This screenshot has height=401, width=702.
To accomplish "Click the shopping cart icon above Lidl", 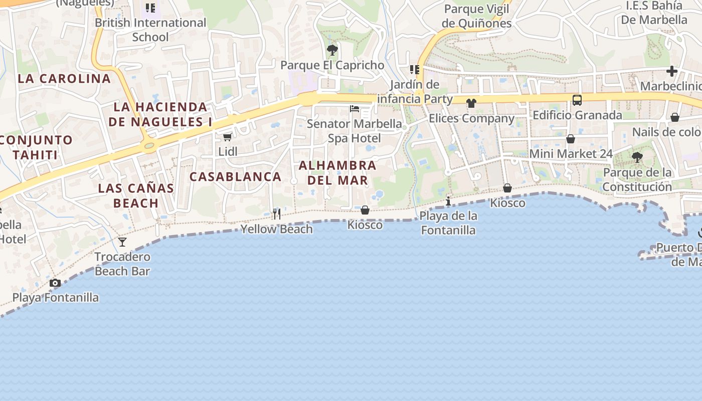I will (227, 137).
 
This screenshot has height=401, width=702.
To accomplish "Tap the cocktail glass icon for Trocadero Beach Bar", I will (122, 243).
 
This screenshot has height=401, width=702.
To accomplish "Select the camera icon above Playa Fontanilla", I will (55, 283).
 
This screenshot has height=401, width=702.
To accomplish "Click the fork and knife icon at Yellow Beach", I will (276, 215).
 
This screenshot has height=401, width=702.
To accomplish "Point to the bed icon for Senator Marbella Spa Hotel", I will (355, 109).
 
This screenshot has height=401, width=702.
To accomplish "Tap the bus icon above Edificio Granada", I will (577, 100).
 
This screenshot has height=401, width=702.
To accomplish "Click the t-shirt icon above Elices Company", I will (471, 104).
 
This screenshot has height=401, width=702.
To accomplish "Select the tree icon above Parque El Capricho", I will (332, 50).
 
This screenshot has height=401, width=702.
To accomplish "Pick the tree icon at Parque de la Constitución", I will (637, 158).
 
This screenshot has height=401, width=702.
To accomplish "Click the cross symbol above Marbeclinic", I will (672, 71).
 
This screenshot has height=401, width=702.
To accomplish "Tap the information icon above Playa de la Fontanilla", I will (448, 202).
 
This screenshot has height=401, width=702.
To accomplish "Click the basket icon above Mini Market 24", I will (571, 139).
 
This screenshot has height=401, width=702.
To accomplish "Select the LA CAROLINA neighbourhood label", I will (64, 79).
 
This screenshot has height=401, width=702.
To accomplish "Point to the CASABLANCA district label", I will (235, 176).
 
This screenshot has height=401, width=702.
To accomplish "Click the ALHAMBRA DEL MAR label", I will (337, 172).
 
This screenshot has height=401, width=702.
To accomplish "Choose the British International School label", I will (150, 30).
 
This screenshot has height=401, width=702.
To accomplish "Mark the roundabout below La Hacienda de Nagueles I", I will (149, 146).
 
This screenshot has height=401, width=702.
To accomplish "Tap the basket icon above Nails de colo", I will (675, 118).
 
